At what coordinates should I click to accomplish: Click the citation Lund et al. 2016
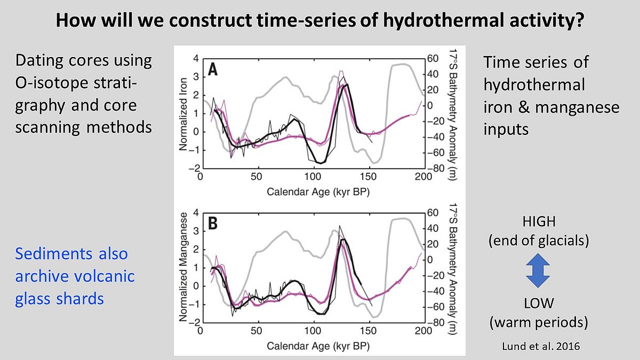[x=539, y=346]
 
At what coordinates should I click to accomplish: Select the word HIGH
[x=538, y=221]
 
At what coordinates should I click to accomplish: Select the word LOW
[x=538, y=303]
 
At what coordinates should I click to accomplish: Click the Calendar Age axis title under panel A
[x=311, y=190]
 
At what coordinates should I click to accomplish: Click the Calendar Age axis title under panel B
[x=311, y=346]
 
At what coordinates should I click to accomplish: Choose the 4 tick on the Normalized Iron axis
[x=196, y=58]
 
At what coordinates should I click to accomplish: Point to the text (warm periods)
[x=539, y=322]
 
